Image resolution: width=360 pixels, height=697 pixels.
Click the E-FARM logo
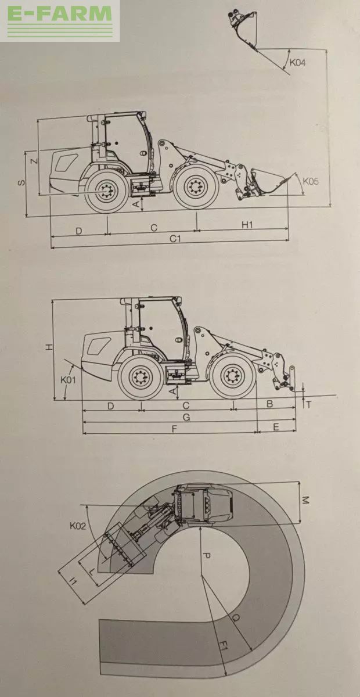point(59,20)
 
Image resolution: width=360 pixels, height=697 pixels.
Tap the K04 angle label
point(298,63)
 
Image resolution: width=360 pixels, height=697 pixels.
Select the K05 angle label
point(311,181)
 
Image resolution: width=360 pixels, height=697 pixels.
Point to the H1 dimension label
point(247,224)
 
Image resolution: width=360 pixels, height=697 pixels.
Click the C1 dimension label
point(175,239)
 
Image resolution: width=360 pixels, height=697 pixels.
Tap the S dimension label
point(21,182)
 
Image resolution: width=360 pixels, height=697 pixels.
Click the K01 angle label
point(68,380)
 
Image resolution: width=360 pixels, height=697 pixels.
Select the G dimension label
point(186,417)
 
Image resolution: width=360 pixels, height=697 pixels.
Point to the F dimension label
point(174,429)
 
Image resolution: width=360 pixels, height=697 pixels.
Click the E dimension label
point(276,427)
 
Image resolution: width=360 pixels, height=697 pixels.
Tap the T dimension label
point(308,404)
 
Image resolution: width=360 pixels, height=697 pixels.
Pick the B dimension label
point(270,404)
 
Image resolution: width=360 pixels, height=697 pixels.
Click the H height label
point(49,347)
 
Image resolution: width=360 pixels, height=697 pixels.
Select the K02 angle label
point(77,526)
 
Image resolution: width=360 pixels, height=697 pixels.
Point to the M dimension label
point(305,501)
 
